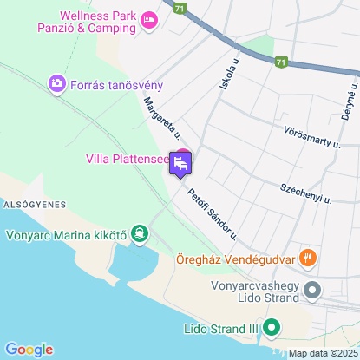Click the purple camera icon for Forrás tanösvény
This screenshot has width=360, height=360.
[x=57, y=83]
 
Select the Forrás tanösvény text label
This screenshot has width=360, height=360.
[x=117, y=84]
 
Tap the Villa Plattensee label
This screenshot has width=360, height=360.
[x=126, y=159]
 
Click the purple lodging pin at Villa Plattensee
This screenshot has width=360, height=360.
[x=181, y=162]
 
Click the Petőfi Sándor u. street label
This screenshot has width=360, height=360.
[x=213, y=212]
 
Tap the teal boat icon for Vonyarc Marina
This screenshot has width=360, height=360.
[x=139, y=232]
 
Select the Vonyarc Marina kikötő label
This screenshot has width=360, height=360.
[x=66, y=232]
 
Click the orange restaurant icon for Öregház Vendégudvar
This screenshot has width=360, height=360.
[x=307, y=258]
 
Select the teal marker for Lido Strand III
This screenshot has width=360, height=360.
[x=272, y=328]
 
